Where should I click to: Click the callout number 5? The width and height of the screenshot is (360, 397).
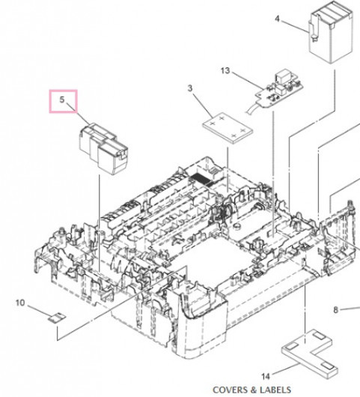click(62, 100)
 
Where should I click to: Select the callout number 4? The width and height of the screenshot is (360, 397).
click(278, 19)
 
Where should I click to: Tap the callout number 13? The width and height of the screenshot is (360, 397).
click(225, 70)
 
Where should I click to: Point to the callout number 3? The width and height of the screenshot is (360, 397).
click(190, 88)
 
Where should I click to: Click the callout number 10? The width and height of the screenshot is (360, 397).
click(20, 303)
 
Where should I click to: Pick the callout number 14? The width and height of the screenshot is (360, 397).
click(266, 377)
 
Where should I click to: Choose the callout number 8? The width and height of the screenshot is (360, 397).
click(336, 309)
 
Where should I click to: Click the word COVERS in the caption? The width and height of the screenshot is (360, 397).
click(229, 390)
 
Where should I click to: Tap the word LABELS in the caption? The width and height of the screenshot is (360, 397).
click(275, 390)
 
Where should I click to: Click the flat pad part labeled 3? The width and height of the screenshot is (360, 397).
click(228, 128)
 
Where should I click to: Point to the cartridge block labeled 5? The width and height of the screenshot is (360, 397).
click(104, 149)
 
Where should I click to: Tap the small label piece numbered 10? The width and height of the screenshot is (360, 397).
click(57, 318)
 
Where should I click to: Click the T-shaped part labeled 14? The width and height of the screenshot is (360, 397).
click(309, 354)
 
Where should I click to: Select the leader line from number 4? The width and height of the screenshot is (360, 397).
click(294, 25)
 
